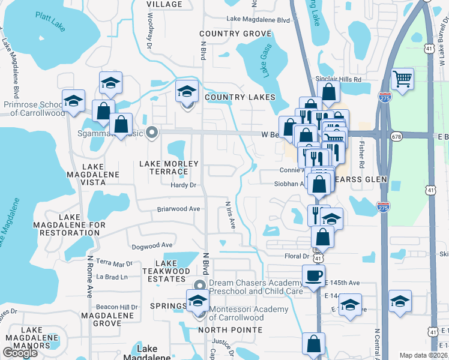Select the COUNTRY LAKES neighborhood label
tap(240, 97)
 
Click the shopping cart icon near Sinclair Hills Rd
tap(402, 77)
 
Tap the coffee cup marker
tap(313, 275)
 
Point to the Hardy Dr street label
tap(184, 185)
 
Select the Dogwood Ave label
tap(151, 245)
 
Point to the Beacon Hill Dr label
tap(116, 307)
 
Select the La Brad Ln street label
tap(112, 277)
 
